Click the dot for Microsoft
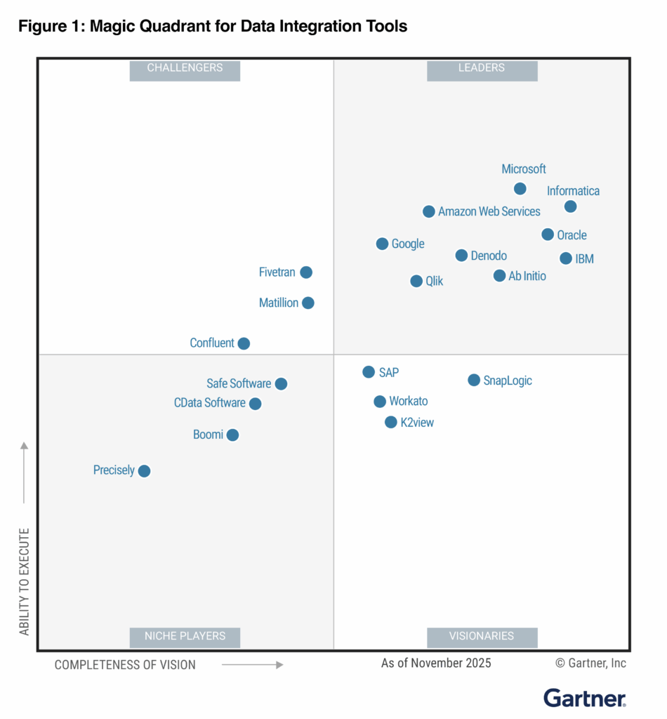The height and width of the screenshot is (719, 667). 520,188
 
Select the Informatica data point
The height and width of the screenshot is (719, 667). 570,206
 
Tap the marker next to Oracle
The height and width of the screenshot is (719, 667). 548,235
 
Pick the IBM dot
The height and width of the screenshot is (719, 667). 566,258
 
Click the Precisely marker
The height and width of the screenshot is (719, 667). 144,471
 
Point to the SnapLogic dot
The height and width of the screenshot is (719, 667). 474,380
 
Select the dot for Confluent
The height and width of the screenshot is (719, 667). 244,343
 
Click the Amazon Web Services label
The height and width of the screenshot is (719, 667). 489,211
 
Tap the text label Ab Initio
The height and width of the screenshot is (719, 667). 527,276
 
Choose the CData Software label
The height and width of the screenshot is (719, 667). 210,403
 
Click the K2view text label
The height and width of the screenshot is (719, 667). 417,423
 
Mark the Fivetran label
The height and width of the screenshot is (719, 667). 277,272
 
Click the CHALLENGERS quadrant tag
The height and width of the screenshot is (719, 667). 185,68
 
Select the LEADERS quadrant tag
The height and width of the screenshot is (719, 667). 482,68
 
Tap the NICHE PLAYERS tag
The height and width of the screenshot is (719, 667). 185,636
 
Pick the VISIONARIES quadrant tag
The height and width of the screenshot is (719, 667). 482,636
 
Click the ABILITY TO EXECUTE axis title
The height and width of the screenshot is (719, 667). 25,581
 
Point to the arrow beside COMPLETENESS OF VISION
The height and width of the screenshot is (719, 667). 253,664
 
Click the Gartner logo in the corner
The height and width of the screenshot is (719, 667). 584,697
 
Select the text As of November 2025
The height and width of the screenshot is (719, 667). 436,663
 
